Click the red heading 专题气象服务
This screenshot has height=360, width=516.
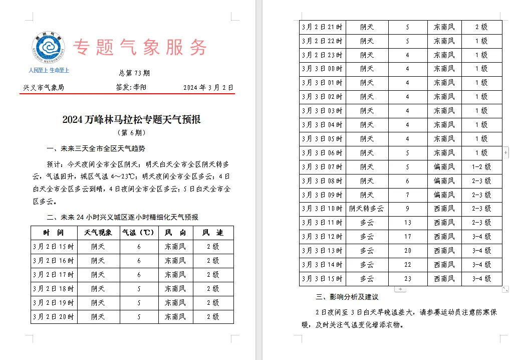140,48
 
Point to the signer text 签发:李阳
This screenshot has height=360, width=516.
131,87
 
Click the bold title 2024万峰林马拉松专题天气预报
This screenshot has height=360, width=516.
131,119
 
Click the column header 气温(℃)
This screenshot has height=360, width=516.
139,233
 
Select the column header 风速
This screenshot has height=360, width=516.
213,233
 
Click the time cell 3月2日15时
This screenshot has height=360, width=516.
54,247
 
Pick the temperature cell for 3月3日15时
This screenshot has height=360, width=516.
408,279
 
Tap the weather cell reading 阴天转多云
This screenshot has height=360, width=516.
367,209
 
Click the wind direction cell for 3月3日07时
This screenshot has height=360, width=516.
444,167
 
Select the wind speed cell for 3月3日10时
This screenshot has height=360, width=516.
481,209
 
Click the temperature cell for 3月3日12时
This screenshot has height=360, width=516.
408,237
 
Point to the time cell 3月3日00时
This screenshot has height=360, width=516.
322,69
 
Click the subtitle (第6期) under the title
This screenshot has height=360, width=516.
131,133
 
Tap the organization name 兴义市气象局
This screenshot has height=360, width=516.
44,87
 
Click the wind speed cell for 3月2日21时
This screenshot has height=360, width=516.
481,27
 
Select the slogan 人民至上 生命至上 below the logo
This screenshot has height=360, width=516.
49,70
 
